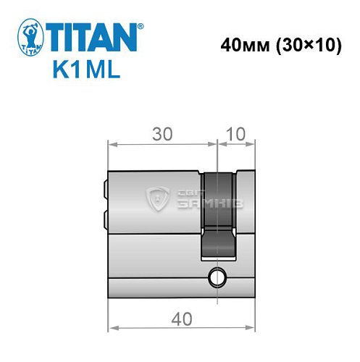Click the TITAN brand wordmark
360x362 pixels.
tap(93, 38)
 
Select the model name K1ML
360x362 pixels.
tap(85, 72)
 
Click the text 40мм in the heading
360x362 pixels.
tap(243, 46)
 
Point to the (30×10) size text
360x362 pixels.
tap(306, 46)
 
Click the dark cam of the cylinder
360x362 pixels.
tap(218, 214)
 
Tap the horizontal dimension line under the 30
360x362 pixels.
tap(162, 143)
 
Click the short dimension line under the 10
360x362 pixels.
tap(236, 143)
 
